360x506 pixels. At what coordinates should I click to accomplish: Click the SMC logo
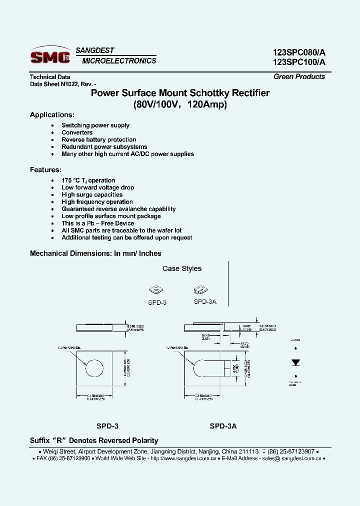[50, 56]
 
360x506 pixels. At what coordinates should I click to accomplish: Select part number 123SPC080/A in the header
[299, 52]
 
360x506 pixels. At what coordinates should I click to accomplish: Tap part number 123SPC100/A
[299, 62]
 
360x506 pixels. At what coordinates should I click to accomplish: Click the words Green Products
[299, 76]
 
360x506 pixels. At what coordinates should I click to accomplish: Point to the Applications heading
[52, 115]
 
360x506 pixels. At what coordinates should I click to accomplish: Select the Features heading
[45, 169]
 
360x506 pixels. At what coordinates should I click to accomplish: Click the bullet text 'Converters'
[77, 132]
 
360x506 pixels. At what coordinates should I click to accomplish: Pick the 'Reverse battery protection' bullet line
[98, 139]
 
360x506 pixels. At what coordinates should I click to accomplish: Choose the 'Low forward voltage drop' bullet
[97, 187]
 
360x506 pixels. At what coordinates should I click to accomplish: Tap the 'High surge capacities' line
[92, 194]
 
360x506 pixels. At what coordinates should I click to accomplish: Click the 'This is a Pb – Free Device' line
[97, 223]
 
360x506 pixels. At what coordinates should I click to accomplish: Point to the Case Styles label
[182, 268]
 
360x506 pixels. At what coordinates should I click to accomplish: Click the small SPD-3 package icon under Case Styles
[156, 290]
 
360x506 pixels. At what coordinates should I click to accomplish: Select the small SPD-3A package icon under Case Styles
[201, 290]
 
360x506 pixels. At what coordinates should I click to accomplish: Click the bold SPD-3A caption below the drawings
[223, 426]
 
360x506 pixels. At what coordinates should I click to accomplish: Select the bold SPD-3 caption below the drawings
[107, 426]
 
